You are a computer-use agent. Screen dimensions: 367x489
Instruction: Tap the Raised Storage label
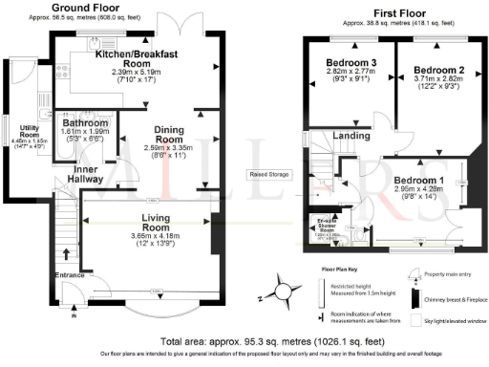tap(270, 175)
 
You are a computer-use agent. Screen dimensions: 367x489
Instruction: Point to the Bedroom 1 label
tap(419, 181)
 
